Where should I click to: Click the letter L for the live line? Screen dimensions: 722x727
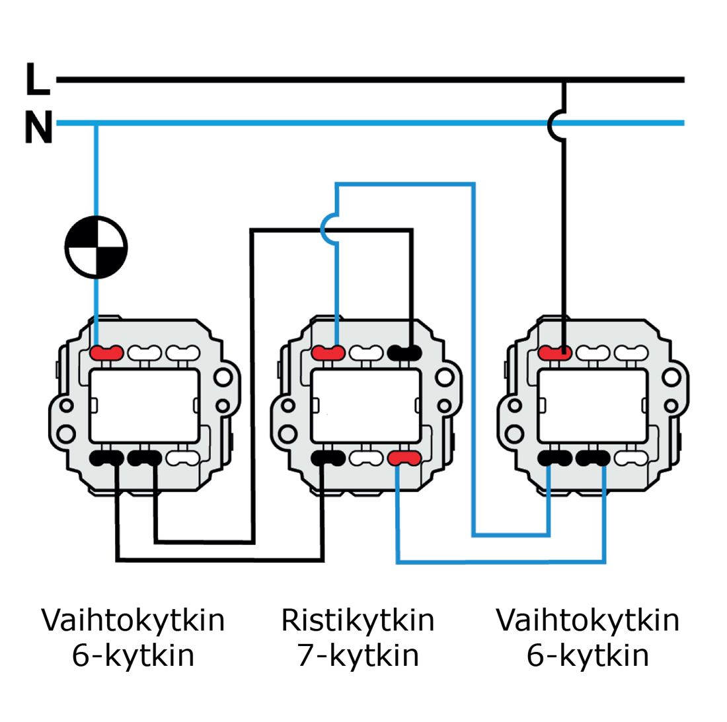pos(37,79)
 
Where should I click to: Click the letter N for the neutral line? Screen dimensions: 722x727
pos(38,127)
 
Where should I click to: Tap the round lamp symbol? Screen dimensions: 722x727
pos(96,248)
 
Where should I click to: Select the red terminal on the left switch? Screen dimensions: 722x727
pos(106,353)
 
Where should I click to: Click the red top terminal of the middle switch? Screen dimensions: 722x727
pos(328,353)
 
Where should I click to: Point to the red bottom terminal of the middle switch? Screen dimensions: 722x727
pos(404,457)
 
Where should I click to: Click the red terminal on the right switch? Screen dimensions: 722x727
pos(555,353)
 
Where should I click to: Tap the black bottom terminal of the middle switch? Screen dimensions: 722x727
pos(328,457)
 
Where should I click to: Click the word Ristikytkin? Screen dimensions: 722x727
pos(358,620)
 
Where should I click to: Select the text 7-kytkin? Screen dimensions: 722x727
pos(358,655)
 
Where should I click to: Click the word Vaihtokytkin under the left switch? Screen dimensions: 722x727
pos(133,620)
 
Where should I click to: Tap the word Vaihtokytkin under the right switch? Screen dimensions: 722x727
pos(588,620)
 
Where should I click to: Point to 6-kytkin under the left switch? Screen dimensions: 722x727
pos(133,655)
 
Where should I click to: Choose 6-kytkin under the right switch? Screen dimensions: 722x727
pos(588,655)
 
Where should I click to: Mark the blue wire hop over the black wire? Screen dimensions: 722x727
pos(329,229)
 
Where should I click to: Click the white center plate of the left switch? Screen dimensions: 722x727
pos(144,406)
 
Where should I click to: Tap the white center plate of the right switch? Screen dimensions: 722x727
pos(593,406)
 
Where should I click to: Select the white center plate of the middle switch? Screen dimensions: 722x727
pos(365,406)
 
